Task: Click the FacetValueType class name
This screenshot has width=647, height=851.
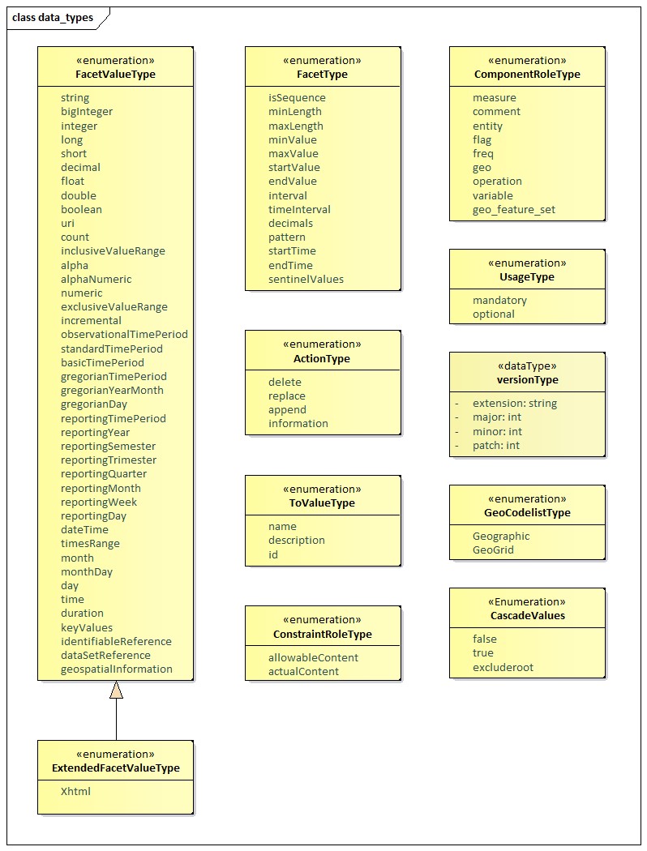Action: coord(115,75)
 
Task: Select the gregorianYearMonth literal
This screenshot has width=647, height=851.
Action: coord(112,391)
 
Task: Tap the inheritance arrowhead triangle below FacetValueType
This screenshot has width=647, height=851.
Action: coord(116,690)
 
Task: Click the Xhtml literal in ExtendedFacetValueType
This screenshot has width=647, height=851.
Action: coord(75,792)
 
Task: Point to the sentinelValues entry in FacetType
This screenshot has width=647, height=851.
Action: coord(306,280)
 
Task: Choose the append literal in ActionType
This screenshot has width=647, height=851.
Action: coord(287,410)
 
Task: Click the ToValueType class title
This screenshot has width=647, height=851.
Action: coord(322,503)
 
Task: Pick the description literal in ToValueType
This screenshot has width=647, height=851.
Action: coord(296,541)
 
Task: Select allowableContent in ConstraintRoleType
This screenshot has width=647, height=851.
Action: coord(313,658)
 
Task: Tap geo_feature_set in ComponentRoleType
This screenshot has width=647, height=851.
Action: coord(513,210)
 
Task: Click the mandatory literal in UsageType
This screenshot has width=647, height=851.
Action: coord(499,301)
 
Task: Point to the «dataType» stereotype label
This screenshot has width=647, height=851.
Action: coord(527,366)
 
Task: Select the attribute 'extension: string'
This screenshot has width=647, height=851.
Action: coord(514,404)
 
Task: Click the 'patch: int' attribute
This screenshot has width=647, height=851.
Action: coord(496,446)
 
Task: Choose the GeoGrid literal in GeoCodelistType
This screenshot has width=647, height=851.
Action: coord(493,550)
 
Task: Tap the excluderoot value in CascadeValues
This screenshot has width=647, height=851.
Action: coord(503,668)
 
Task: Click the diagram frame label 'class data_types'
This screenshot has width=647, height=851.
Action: coord(53,17)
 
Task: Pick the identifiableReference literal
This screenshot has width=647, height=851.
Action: coord(116,642)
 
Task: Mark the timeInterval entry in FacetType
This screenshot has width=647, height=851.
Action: coord(299,210)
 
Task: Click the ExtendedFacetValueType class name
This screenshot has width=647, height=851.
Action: coord(115,768)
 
